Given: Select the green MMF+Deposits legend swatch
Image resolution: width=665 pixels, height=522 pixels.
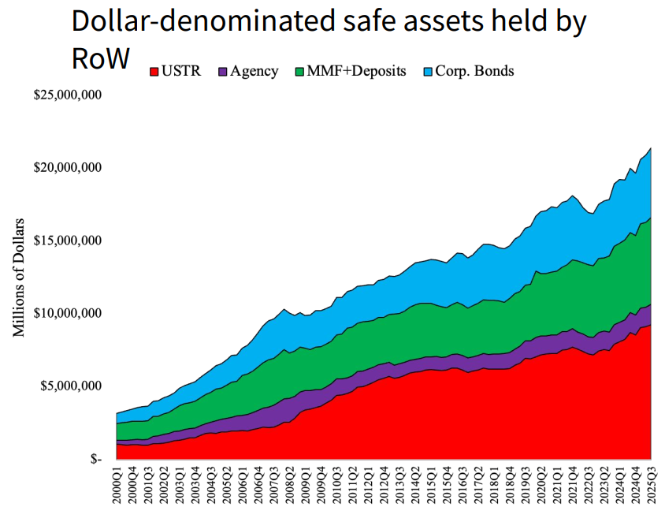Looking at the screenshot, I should (299, 72).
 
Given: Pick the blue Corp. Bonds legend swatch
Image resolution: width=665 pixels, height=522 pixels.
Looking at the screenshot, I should (427, 72).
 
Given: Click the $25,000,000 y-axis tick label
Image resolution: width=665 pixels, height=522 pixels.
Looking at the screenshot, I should (68, 95).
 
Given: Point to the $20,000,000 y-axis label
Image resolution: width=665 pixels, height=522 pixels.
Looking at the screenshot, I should (68, 168).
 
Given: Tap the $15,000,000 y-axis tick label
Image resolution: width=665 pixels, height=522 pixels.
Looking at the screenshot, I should (68, 240).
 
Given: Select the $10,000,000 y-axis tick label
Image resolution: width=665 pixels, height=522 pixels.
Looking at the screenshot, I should (68, 313).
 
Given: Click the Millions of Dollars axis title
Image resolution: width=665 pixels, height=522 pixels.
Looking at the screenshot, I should (19, 276).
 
